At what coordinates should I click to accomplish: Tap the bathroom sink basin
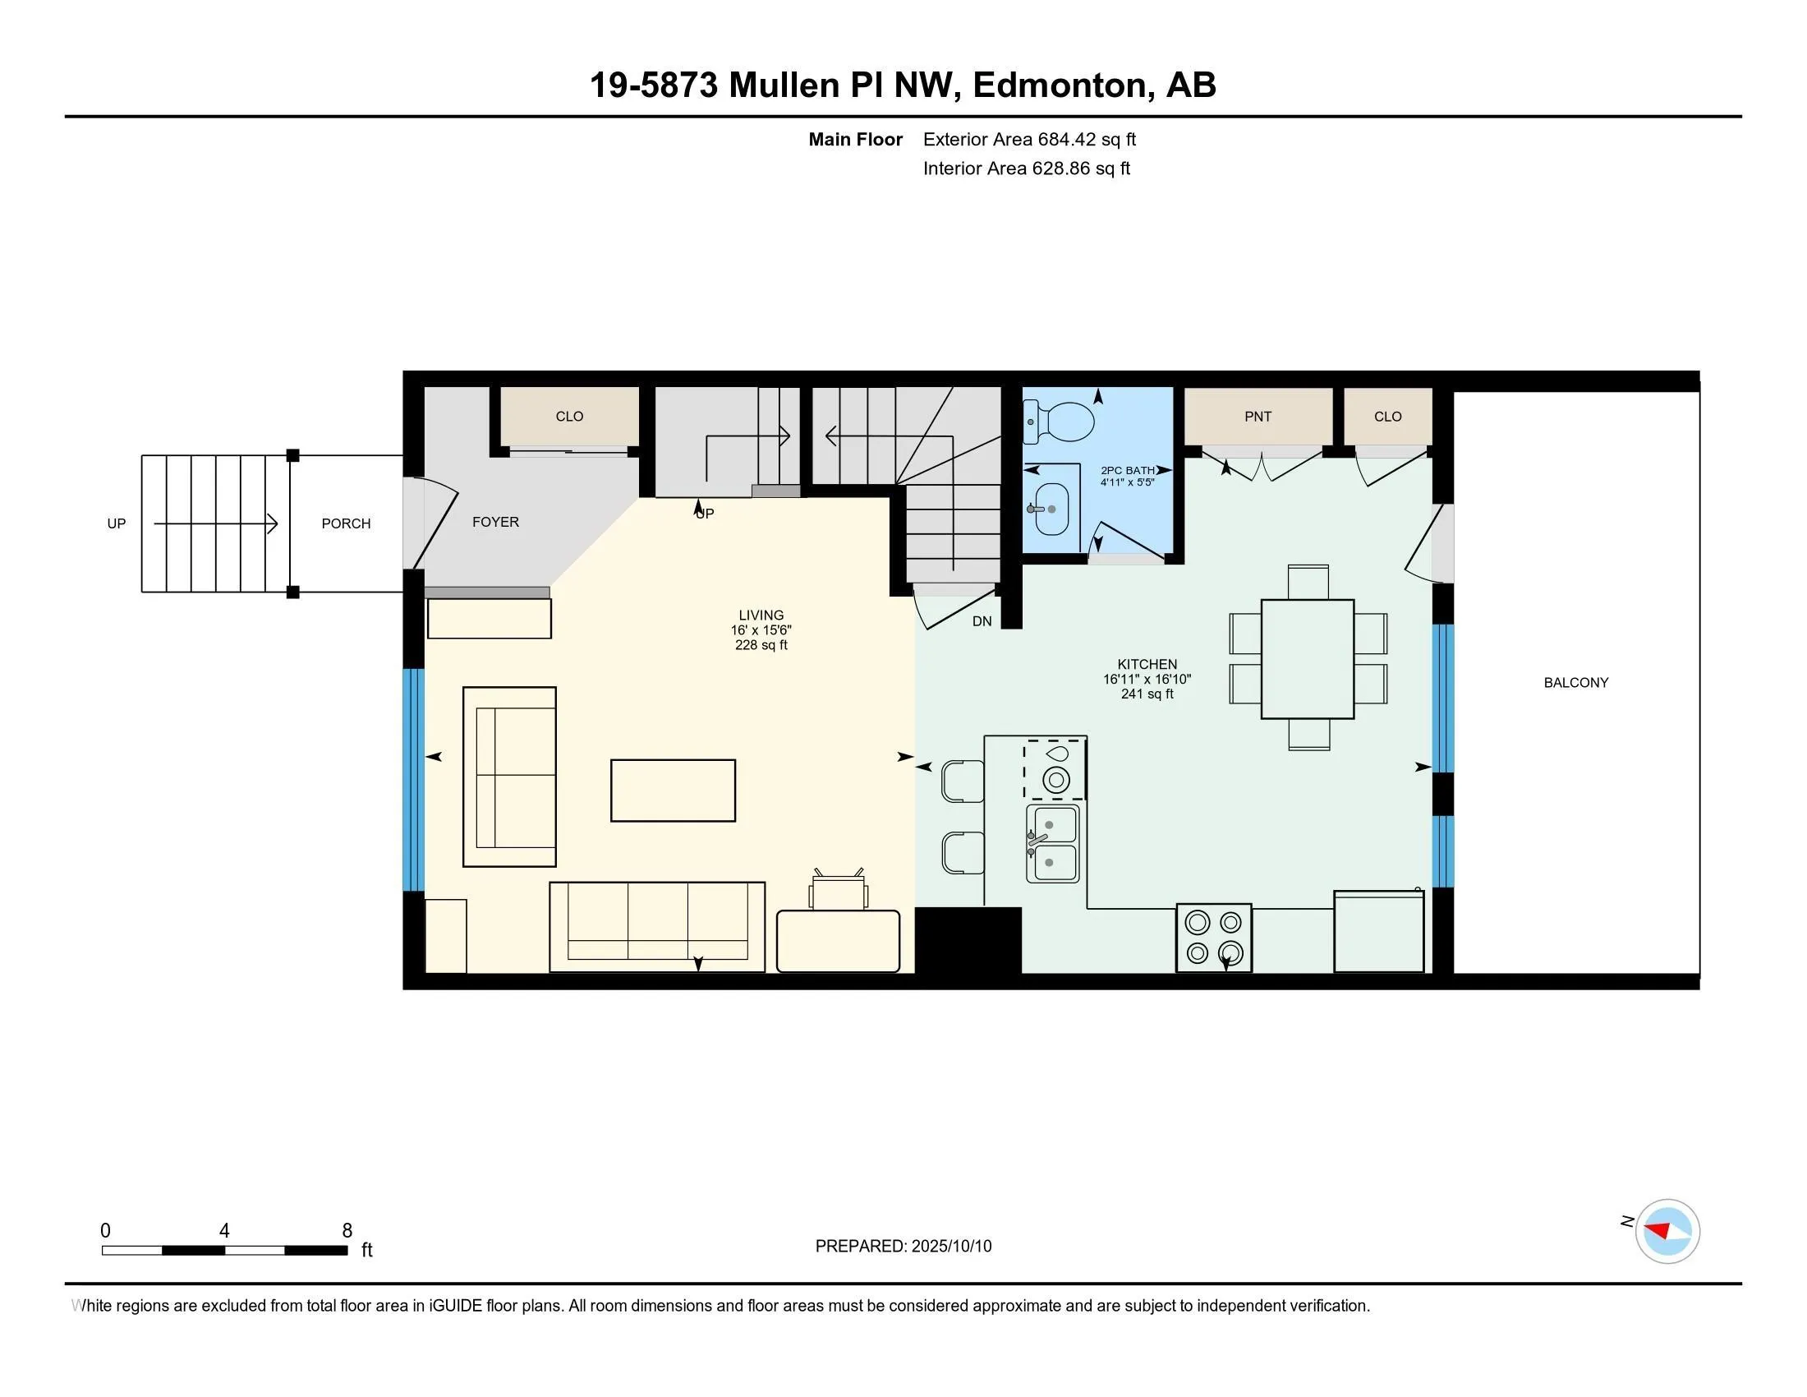tap(1051, 509)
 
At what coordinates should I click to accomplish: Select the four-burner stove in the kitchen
tap(1214, 937)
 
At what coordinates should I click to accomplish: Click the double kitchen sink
tap(1052, 843)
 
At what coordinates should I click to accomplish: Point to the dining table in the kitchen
tap(1308, 659)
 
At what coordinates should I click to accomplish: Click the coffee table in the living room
tap(673, 791)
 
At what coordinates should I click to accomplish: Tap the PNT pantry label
tap(1258, 417)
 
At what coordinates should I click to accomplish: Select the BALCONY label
tap(1576, 683)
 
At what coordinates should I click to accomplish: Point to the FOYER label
tap(495, 521)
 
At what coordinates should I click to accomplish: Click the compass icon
tap(1667, 1231)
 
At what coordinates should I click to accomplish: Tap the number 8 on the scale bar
tap(347, 1231)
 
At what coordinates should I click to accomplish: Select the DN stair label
tap(982, 620)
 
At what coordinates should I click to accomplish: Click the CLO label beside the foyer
tap(569, 417)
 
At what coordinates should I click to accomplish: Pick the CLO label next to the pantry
tap(1387, 417)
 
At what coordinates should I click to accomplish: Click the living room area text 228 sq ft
tap(761, 645)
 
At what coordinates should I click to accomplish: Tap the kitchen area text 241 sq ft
tap(1147, 694)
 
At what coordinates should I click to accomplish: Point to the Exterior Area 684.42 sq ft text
tap(1029, 139)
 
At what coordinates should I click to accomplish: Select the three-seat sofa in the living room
tap(657, 927)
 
